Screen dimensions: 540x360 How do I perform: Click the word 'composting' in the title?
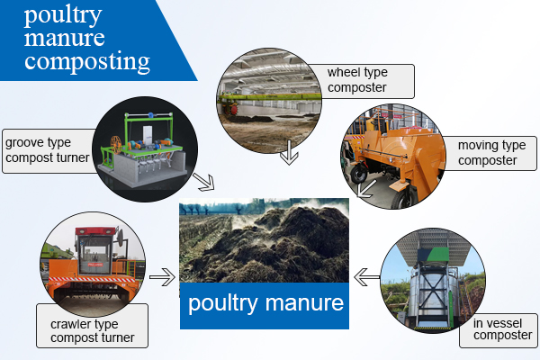[87, 62]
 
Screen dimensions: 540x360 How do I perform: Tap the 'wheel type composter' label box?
[362, 81]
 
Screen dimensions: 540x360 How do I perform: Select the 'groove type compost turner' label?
[49, 151]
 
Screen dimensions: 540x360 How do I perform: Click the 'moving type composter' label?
[489, 153]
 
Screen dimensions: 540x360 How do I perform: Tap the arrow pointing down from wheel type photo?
[289, 152]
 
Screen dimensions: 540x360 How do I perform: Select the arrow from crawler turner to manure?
[162, 277]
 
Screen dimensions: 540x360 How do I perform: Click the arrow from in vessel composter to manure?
[367, 277]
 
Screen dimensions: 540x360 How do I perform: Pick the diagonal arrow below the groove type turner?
[204, 182]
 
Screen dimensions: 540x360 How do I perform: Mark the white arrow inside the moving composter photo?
[365, 189]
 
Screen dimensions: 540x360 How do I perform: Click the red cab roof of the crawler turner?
[95, 230]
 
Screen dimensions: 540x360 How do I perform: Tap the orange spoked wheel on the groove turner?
[116, 145]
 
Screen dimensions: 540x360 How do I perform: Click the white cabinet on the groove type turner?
[148, 135]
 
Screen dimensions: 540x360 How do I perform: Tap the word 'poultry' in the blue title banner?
[63, 15]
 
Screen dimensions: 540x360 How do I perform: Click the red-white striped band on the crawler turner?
[93, 279]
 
